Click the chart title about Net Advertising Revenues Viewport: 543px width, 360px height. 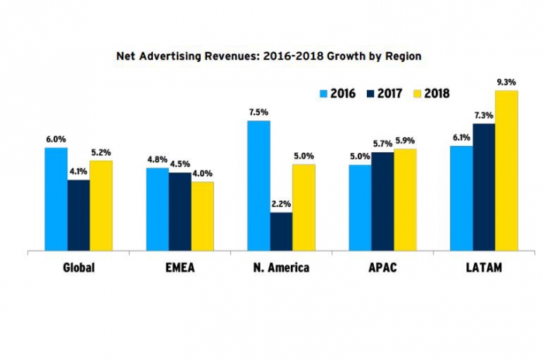point(268,57)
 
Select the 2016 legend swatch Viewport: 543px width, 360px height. point(324,94)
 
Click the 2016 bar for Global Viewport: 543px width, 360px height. point(56,199)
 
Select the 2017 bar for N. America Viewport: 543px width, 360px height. point(281,232)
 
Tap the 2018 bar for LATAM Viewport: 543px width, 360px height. point(507,171)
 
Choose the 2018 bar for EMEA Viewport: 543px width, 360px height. point(202,216)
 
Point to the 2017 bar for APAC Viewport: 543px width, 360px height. point(382,202)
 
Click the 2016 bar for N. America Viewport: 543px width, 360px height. point(258,186)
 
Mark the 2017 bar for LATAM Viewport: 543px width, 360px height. point(484,188)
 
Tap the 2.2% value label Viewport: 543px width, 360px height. point(281,204)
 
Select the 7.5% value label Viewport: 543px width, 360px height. point(258,112)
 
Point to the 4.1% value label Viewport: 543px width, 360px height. point(78,172)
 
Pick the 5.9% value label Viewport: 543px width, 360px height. point(405,140)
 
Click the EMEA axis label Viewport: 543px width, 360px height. point(180,268)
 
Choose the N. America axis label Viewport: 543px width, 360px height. point(281,268)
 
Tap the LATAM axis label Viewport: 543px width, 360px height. point(484,268)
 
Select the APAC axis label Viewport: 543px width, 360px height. point(382,268)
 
